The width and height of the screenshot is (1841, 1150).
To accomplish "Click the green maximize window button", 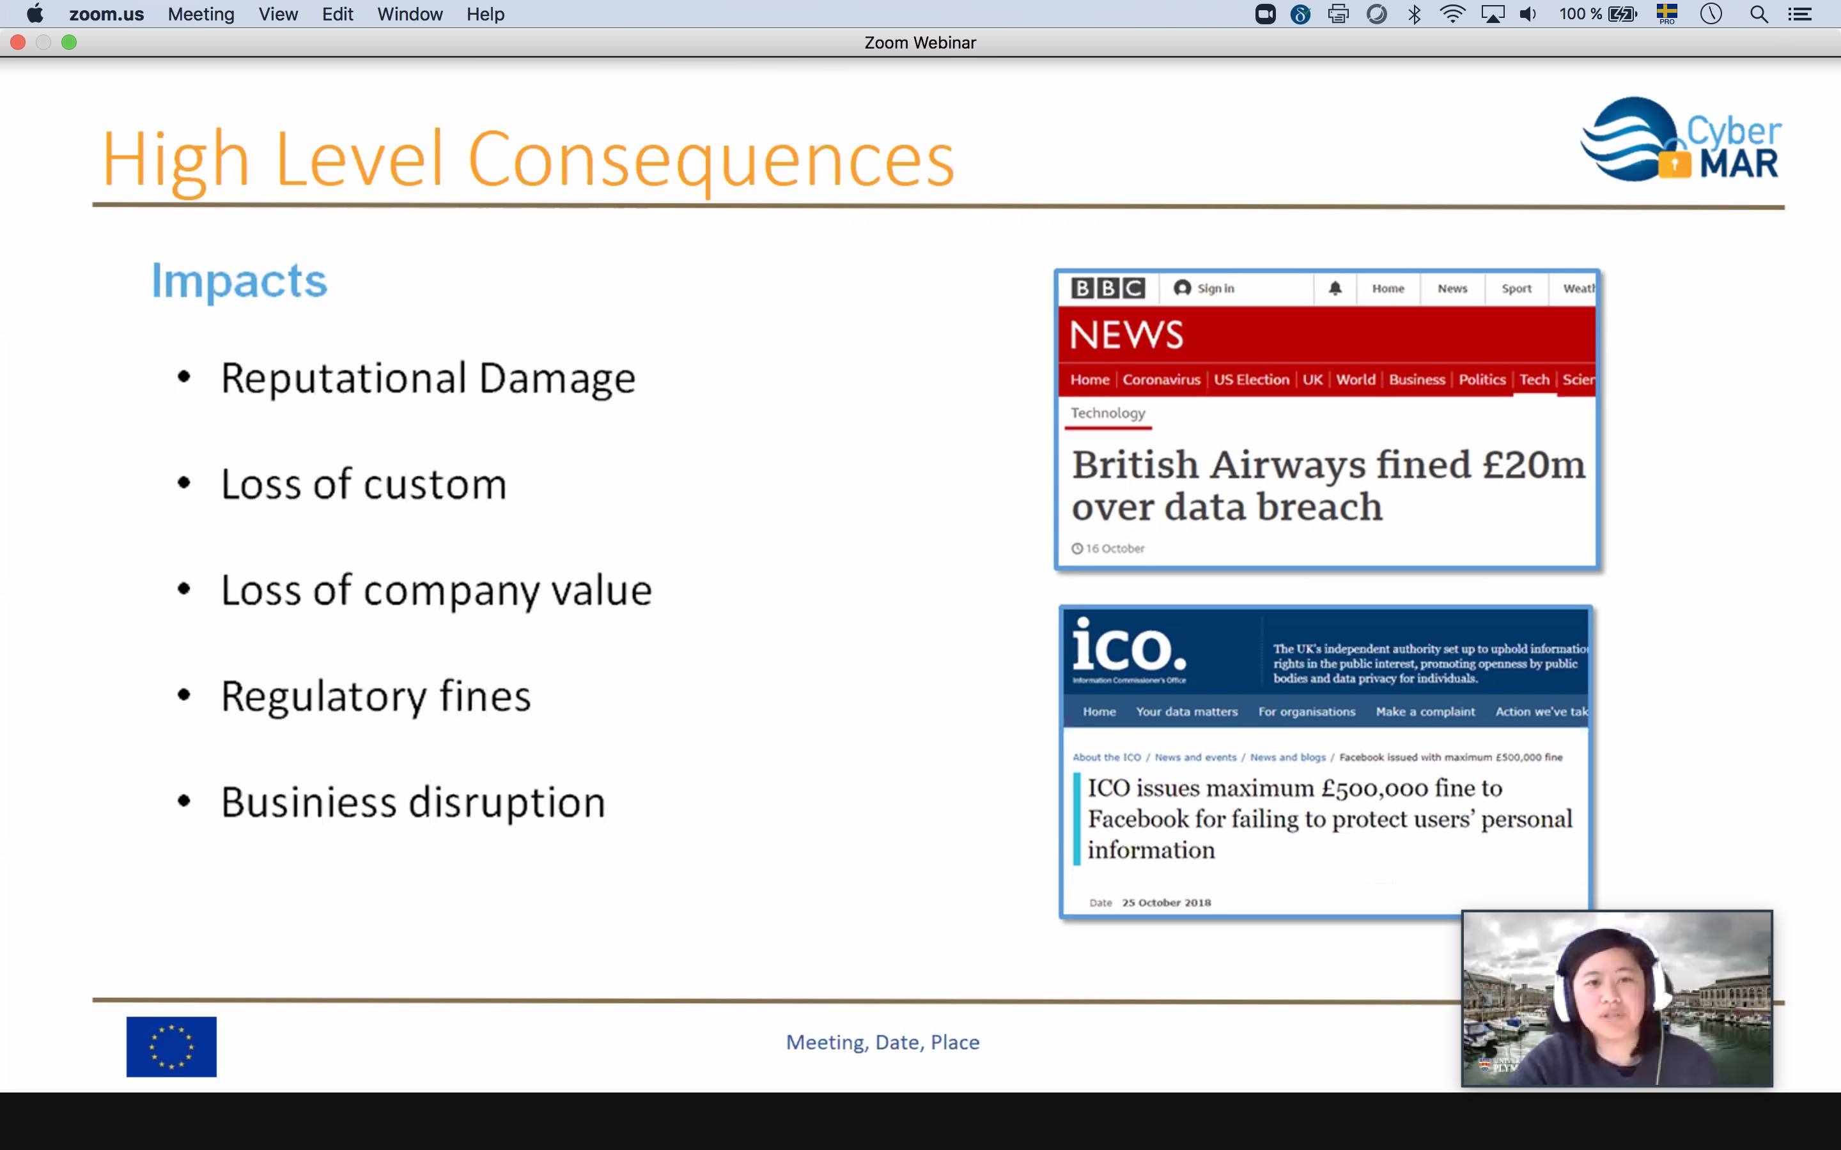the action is pyautogui.click(x=69, y=43).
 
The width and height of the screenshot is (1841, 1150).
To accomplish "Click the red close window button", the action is pyautogui.click(x=19, y=43).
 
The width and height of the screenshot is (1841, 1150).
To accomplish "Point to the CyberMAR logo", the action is pyautogui.click(x=1681, y=140).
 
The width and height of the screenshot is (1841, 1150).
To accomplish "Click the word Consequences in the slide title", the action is pyautogui.click(x=711, y=160).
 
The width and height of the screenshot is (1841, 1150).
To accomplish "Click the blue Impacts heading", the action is pyautogui.click(x=239, y=281).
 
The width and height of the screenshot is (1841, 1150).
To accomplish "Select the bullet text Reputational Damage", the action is pyautogui.click(x=428, y=378).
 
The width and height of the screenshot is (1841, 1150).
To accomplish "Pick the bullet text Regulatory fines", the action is pyautogui.click(x=376, y=696).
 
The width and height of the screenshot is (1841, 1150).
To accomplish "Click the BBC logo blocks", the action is pyautogui.click(x=1108, y=288).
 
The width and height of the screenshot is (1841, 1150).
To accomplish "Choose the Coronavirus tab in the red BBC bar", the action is pyautogui.click(x=1161, y=379).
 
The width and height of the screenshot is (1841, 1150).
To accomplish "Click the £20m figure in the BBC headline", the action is pyautogui.click(x=1534, y=464).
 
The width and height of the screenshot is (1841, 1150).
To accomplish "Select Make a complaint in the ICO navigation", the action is pyautogui.click(x=1425, y=712).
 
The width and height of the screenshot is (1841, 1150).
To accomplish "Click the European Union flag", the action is pyautogui.click(x=171, y=1046).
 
